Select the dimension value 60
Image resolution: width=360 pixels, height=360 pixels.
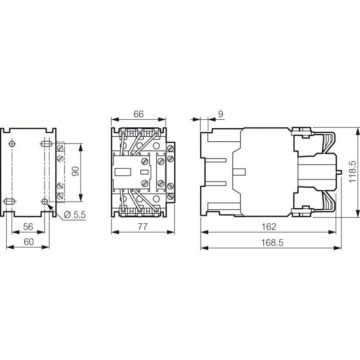[28, 242]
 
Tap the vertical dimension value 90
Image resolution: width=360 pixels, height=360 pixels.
[75, 171]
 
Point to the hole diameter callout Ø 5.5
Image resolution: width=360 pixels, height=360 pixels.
[75, 215]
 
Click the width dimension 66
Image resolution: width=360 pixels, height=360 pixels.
[138, 114]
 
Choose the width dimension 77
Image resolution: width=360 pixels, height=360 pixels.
[142, 227]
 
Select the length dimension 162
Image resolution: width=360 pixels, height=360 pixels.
[268, 227]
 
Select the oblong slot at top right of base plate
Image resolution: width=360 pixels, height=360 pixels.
[45, 144]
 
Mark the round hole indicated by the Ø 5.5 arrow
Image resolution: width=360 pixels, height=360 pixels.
[45, 201]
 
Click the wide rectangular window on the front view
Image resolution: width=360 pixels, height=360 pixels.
[123, 171]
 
